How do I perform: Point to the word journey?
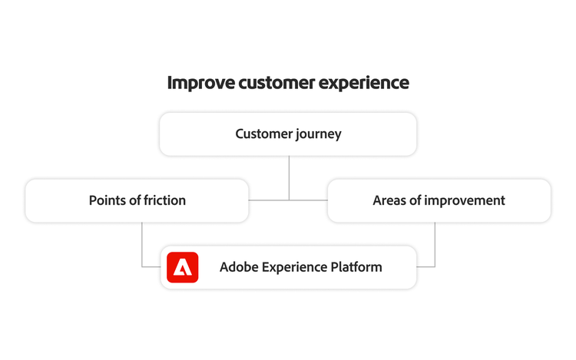pos(319,134)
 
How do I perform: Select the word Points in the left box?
pos(108,201)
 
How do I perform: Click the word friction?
pos(164,201)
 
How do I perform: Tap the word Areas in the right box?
pos(390,201)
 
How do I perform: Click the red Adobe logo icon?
pos(182,267)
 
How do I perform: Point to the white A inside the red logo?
pos(182,268)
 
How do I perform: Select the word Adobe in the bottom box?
pos(239,267)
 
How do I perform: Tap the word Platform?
pos(356,267)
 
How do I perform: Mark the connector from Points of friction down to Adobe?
pos(142,246)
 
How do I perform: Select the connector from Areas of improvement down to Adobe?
pos(435,246)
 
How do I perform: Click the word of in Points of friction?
pos(136,201)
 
